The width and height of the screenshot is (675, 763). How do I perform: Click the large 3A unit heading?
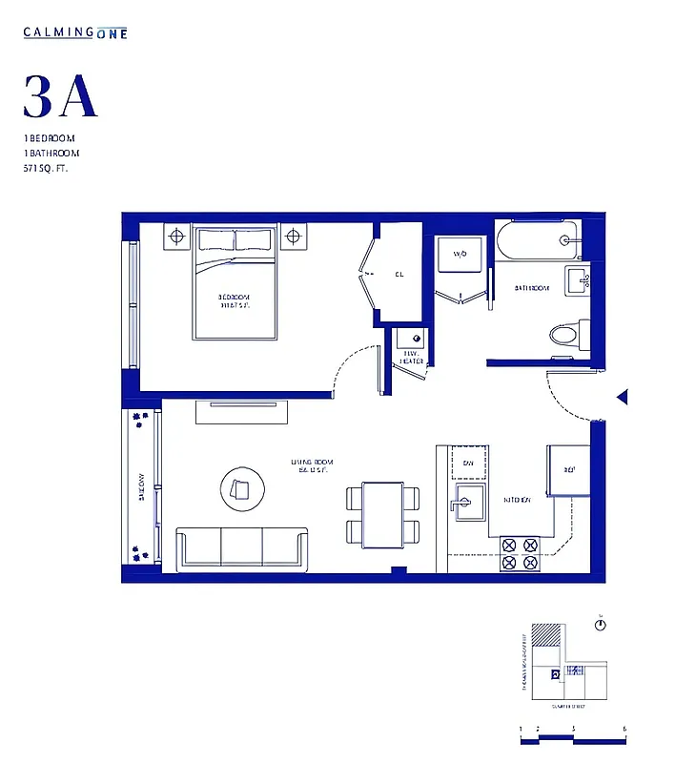[x=60, y=96]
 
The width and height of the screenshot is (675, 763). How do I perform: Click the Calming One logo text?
[x=75, y=32]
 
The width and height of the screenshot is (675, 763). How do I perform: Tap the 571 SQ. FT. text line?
[x=47, y=168]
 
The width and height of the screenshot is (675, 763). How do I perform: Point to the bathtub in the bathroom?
[x=538, y=241]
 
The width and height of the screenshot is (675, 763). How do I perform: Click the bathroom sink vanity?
[x=578, y=280]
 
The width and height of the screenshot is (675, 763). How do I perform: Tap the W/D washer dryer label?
[x=460, y=255]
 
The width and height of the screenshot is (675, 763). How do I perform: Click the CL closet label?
[x=399, y=275]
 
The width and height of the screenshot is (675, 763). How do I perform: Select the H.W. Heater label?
[x=412, y=358]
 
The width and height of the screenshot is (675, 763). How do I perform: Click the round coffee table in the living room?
[x=239, y=489]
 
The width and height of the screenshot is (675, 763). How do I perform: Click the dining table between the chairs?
[x=383, y=514]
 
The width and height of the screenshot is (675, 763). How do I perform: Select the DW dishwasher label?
[x=468, y=464]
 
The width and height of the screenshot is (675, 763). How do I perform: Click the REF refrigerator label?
[x=569, y=470]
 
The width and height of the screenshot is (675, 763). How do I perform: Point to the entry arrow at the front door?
[x=621, y=397]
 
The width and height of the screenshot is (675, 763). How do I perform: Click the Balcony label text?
[x=142, y=486]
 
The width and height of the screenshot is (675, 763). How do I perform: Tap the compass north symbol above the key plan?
[x=600, y=626]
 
